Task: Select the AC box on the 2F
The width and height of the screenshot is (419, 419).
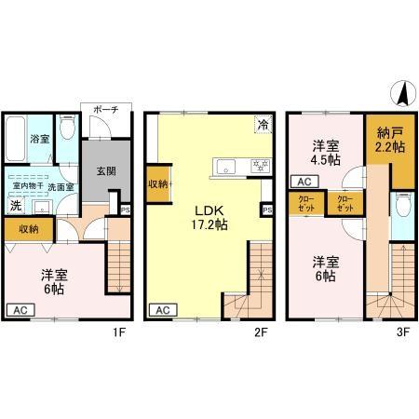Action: [162, 310]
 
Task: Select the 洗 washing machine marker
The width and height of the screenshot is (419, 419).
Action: [15, 206]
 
